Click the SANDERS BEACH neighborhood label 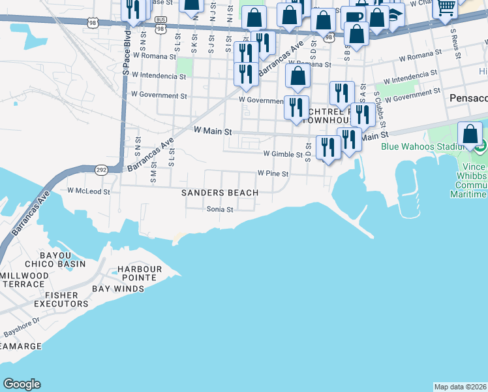[220, 193]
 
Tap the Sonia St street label [220, 210]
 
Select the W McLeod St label [89, 191]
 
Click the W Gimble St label [282, 155]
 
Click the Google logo [22, 384]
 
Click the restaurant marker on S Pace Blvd [133, 10]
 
